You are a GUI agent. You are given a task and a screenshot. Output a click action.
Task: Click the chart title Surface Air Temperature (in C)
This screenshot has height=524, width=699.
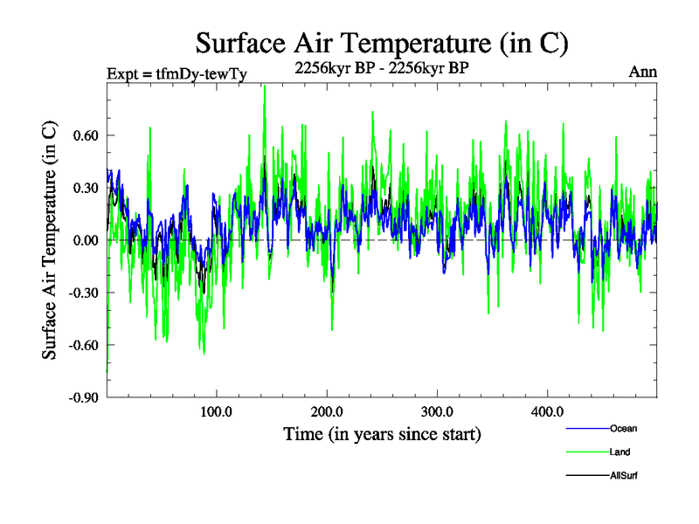coord(383,42)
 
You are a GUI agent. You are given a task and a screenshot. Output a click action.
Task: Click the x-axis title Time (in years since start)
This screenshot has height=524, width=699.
coord(382,434)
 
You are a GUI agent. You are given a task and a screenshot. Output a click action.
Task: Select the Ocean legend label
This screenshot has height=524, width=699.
coord(624,428)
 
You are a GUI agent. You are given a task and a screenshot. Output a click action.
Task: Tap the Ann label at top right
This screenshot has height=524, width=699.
coord(642,72)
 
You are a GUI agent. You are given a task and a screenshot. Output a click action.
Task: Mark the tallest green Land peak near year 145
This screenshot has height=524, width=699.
coord(264,86)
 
